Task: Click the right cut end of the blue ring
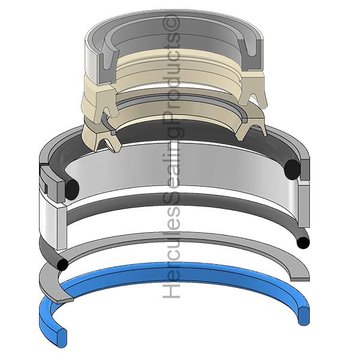[304, 316]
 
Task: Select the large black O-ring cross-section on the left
[72, 189]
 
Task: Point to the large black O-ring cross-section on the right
[292, 169]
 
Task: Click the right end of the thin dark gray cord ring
[303, 243]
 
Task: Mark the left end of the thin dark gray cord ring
[62, 265]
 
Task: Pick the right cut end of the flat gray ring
[300, 279]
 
